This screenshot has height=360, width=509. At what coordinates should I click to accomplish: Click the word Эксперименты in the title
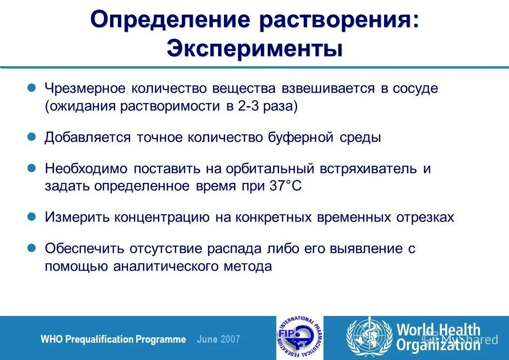254,49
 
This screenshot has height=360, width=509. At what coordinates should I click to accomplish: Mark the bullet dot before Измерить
32,217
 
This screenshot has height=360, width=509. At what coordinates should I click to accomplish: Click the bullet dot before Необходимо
32,168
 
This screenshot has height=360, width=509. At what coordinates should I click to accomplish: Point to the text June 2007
219,339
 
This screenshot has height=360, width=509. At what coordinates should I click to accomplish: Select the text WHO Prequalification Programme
113,339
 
